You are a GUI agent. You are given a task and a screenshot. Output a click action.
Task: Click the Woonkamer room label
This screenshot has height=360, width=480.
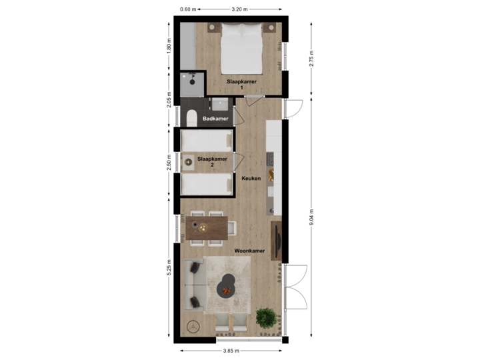pyautogui.click(x=250, y=251)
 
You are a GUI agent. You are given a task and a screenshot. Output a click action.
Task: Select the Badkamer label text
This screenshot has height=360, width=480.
pyautogui.click(x=215, y=119)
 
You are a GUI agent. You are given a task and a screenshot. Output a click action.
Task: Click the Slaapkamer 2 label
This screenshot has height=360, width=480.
pyautogui.click(x=212, y=162)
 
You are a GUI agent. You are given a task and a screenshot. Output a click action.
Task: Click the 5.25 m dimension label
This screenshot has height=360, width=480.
pyautogui.click(x=169, y=267)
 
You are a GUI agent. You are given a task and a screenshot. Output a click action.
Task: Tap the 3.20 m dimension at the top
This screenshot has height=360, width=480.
pyautogui.click(x=239, y=9)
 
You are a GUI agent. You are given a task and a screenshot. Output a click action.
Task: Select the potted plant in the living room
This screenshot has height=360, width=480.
pyautogui.click(x=266, y=317)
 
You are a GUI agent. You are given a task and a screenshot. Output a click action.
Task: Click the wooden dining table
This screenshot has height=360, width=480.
pyautogui.click(x=207, y=228)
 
